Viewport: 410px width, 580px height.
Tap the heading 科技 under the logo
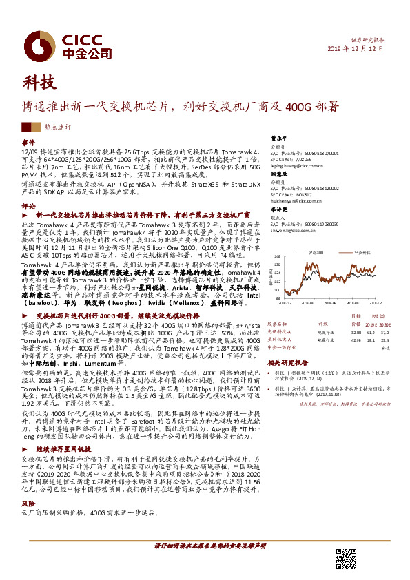38,83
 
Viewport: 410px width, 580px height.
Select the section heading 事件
28,141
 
